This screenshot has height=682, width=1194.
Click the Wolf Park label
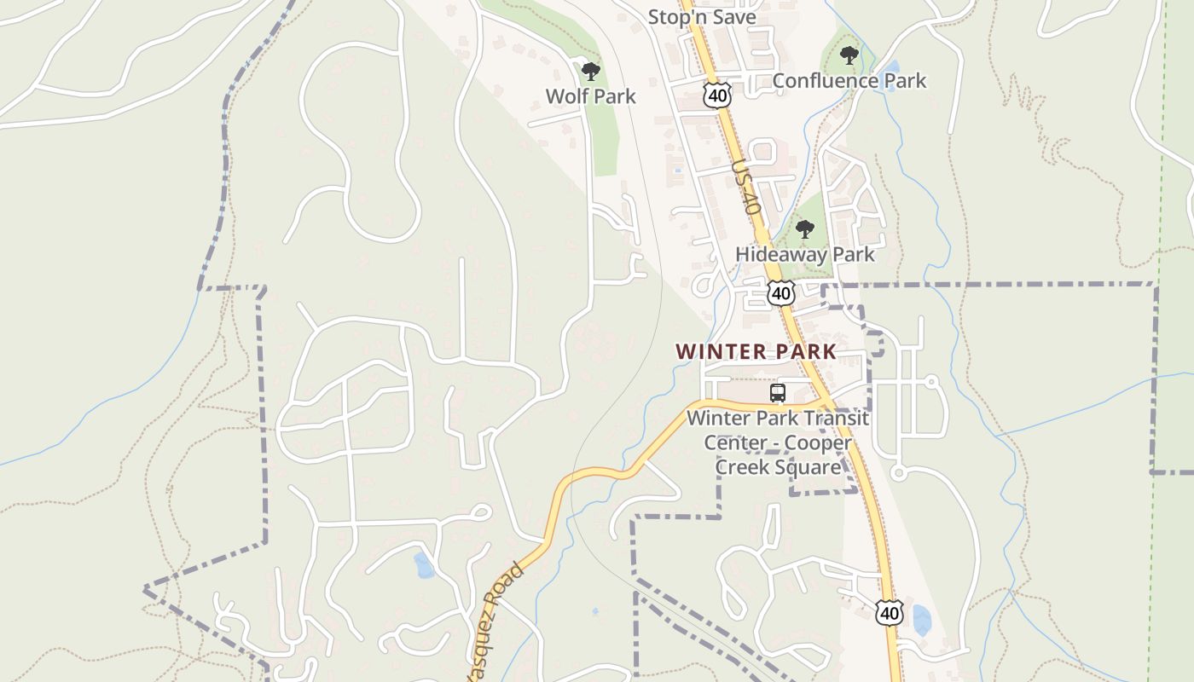pyautogui.click(x=590, y=96)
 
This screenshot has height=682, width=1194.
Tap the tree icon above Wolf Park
pyautogui.click(x=590, y=72)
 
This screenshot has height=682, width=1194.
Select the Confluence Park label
pyautogui.click(x=849, y=81)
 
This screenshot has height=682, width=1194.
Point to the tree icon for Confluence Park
pyautogui.click(x=849, y=56)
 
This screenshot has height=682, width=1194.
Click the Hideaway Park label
pyautogui.click(x=804, y=254)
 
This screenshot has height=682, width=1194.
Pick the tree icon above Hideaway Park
pyautogui.click(x=804, y=229)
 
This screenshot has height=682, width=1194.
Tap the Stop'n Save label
pyautogui.click(x=702, y=17)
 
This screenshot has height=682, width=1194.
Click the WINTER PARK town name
pyautogui.click(x=756, y=351)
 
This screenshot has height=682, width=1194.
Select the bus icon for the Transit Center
pyautogui.click(x=777, y=393)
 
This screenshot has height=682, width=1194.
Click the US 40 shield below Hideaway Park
pyautogui.click(x=780, y=293)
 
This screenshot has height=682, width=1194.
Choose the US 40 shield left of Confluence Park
pyautogui.click(x=717, y=95)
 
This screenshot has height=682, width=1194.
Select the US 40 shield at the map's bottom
pyautogui.click(x=889, y=612)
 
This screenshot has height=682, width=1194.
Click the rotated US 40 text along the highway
pyautogui.click(x=745, y=188)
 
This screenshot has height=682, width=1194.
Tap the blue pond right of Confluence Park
pyautogui.click(x=892, y=67)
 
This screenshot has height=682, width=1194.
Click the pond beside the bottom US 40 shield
pyautogui.click(x=921, y=620)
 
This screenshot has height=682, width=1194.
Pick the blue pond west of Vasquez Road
pyautogui.click(x=423, y=565)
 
